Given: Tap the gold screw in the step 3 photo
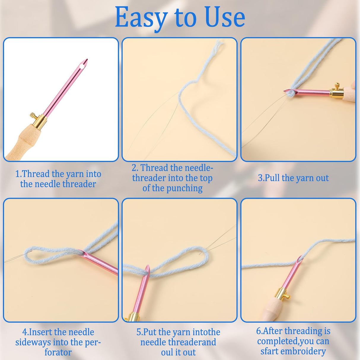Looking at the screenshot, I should (x=337, y=86).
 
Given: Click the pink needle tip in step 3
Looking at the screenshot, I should (x=286, y=91).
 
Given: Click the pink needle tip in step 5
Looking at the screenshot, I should (x=148, y=269).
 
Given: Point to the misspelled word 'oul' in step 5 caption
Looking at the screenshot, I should (x=167, y=353).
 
